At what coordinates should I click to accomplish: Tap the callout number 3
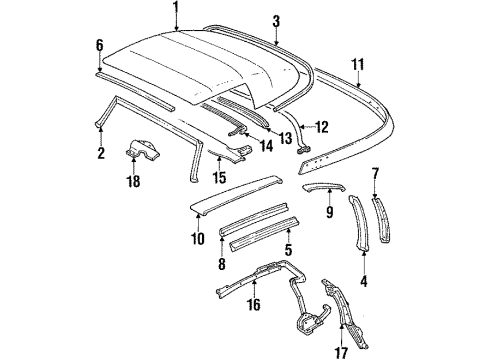point(277,19)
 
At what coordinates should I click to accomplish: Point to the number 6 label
point(98,45)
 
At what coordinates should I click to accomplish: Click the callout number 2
point(99,153)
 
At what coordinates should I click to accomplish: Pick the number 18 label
point(129,183)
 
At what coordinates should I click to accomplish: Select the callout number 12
point(322,127)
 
